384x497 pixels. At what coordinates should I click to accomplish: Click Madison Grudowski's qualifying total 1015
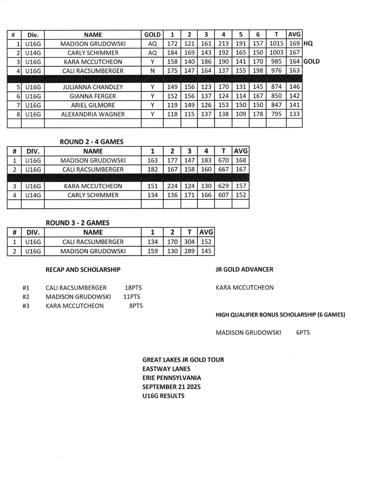pos(276,44)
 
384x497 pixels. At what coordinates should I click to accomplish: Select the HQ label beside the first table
pos(308,44)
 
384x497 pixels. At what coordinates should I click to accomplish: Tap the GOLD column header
pos(152,35)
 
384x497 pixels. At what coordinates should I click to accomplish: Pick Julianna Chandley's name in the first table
pos(93,87)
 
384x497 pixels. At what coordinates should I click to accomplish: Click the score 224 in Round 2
pos(172,186)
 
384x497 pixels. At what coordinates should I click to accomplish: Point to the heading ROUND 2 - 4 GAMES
pos(92,142)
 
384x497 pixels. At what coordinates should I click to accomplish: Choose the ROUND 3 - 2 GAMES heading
pos(77,223)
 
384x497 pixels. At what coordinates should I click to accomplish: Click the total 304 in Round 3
pos(189,242)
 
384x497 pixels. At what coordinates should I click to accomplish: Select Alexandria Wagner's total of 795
pos(276,114)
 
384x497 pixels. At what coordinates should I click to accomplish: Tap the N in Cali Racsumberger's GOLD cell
pos(152,71)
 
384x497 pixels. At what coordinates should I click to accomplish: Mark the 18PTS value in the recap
pos(133,288)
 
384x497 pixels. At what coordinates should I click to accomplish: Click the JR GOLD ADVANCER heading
pos(244,269)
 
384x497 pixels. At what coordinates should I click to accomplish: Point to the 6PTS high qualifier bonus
pos(303,333)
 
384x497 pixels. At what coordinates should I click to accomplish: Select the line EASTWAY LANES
pos(166,369)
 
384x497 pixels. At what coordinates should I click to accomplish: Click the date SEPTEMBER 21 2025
pos(171,387)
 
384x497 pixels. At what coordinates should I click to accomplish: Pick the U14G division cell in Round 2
pos(33,195)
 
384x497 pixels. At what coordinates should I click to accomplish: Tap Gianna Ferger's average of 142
pos(294,96)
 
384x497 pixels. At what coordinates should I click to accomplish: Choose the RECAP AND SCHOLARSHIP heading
pos(83,270)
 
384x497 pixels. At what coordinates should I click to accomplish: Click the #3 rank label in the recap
pos(26,306)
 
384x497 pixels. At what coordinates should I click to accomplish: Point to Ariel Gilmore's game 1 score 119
pos(172,105)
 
